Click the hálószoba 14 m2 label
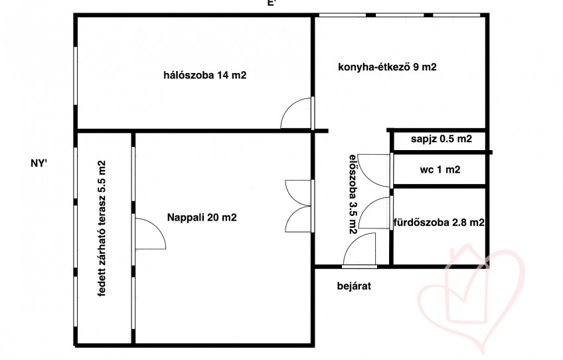[x=205, y=75]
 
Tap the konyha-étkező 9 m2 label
[x=388, y=67]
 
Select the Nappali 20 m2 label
[x=202, y=217]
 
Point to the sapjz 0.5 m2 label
[x=442, y=139]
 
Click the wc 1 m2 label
[x=440, y=169]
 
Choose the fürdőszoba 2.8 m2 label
[x=439, y=223]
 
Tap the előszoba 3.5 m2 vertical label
[x=354, y=194]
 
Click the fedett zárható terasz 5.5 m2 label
[x=102, y=228]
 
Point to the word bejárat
[x=354, y=286]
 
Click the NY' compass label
[x=39, y=163]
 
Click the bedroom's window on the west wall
[x=76, y=76]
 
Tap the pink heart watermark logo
[x=470, y=296]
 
